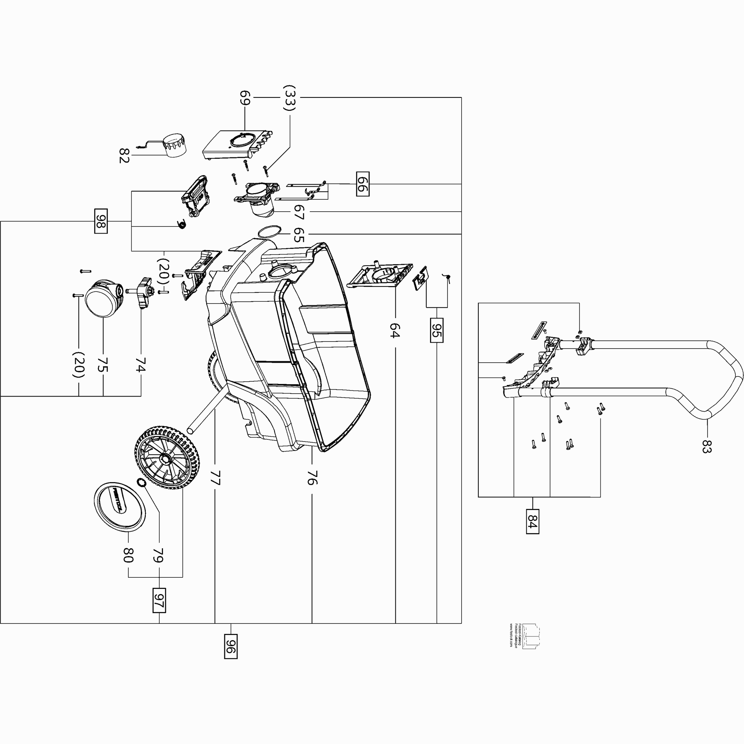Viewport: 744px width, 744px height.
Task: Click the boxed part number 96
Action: point(231,647)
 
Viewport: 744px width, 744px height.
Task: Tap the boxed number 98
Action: point(101,221)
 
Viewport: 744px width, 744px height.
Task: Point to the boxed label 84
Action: point(533,521)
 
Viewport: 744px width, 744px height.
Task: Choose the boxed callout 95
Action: point(437,330)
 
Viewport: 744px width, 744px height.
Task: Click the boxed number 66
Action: point(363,184)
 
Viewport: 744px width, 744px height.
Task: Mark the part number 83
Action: point(706,446)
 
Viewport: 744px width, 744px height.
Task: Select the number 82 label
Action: point(124,155)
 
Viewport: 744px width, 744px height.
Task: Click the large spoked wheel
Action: point(167,458)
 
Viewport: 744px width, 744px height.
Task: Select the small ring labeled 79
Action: point(141,482)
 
